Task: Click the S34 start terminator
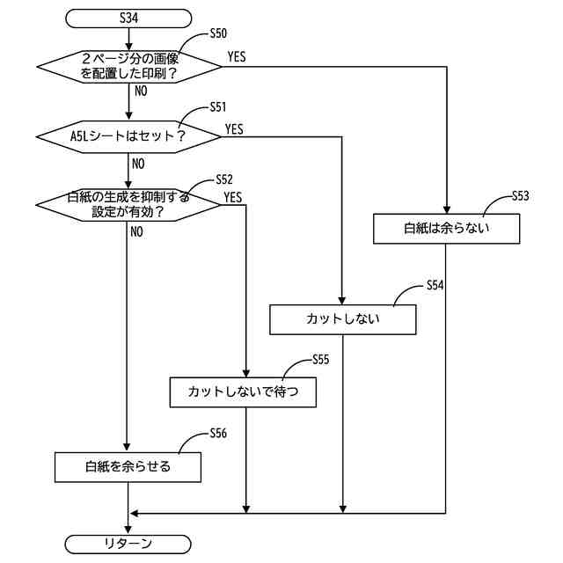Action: coord(128,18)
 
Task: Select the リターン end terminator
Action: coord(128,544)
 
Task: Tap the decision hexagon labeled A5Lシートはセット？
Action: coord(128,137)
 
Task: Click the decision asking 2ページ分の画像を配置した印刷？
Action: coord(129,67)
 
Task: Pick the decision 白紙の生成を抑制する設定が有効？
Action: coord(128,205)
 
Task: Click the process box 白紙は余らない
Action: coord(446,229)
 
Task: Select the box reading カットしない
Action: coord(343,319)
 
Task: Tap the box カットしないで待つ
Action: coord(243,392)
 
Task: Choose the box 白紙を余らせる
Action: coord(128,467)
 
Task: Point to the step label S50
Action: coord(218,33)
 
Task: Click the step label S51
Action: coord(218,107)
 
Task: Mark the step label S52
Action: coord(224,179)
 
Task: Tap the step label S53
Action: coord(520,196)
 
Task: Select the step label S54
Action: coord(435,285)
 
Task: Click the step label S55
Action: coord(320,360)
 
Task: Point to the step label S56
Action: coord(218,434)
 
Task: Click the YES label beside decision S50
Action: coord(237,56)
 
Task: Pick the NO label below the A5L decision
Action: coord(138,165)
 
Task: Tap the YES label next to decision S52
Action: coord(233,197)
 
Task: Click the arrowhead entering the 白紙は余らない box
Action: coord(447,209)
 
